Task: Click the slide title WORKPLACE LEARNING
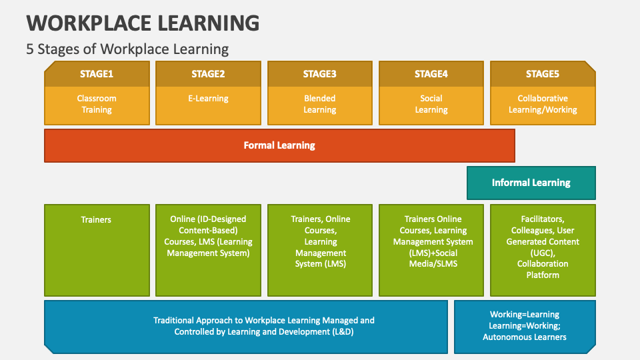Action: pos(143,23)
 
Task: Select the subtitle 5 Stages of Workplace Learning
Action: pos(127,49)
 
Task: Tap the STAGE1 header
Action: pos(97,74)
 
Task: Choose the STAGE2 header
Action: pos(208,74)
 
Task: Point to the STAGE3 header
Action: pos(319,74)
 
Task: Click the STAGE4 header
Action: pos(431,74)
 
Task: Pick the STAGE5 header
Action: pos(543,74)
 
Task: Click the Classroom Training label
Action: pos(97,104)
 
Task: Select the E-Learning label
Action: pos(208,99)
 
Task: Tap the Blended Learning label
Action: pos(319,104)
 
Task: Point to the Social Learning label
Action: pos(431,104)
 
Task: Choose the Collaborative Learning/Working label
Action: pos(543,104)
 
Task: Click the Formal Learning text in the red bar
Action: pos(279,145)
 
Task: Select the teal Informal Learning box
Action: pos(531,183)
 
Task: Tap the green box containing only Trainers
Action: pos(97,249)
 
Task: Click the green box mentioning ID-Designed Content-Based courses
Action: pos(208,249)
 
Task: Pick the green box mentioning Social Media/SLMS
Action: pos(431,249)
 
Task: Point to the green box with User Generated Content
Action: pos(543,249)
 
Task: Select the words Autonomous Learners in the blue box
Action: pos(525,337)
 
